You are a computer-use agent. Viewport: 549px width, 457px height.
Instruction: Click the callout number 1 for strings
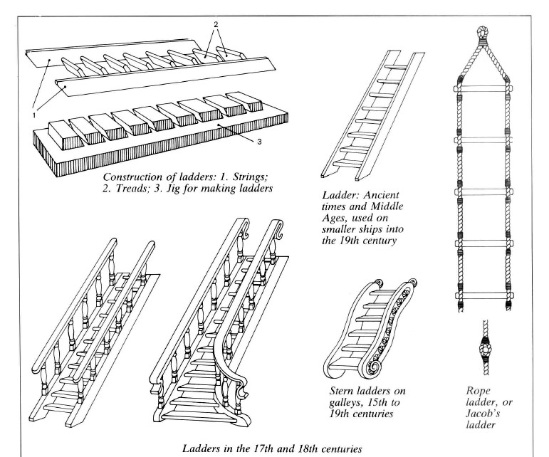pyautogui.click(x=34, y=115)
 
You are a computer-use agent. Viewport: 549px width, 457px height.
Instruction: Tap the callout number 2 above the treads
pyautogui.click(x=216, y=24)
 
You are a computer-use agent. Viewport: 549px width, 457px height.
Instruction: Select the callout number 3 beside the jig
pyautogui.click(x=259, y=142)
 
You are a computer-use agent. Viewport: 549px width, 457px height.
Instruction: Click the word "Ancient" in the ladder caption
pyautogui.click(x=382, y=195)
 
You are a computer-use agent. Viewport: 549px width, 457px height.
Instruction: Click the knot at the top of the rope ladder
pyautogui.click(x=483, y=33)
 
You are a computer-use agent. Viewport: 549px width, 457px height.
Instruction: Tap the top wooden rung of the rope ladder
pyautogui.click(x=483, y=88)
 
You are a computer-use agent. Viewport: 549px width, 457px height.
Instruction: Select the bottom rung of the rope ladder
pyautogui.click(x=483, y=295)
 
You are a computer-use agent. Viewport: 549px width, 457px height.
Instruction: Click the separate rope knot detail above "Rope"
pyautogui.click(x=486, y=348)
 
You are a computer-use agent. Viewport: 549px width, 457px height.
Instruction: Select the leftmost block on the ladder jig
pyautogui.click(x=65, y=135)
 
